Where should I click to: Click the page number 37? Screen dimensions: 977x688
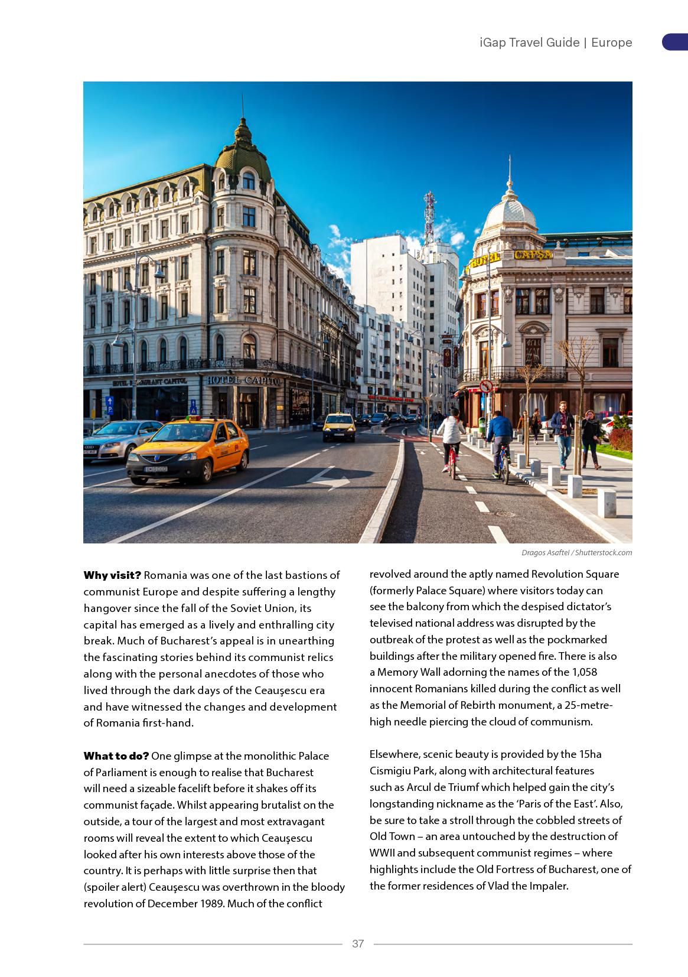(x=358, y=943)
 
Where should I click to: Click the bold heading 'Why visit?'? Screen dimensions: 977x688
(x=112, y=575)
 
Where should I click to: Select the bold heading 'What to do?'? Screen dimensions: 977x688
(x=116, y=756)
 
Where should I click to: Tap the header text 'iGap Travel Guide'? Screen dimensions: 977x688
(x=529, y=43)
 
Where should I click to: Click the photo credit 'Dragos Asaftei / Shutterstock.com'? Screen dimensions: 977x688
(x=576, y=553)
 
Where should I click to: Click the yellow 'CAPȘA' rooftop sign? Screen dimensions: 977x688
(x=533, y=255)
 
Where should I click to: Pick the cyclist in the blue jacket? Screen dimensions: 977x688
(x=500, y=440)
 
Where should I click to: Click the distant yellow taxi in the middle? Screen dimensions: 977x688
(x=339, y=426)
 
